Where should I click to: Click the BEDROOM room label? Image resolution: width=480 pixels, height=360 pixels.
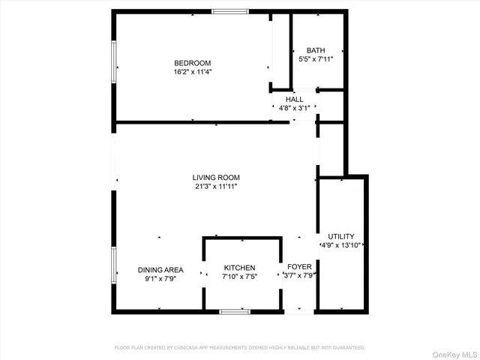coord(193,63)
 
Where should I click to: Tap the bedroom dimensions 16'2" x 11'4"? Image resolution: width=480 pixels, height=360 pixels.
coord(193,73)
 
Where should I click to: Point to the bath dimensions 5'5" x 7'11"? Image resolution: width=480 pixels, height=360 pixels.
coord(316,58)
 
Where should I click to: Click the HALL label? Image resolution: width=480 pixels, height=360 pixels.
coord(294,98)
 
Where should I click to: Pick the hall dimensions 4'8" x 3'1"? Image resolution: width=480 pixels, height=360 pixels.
coord(294,108)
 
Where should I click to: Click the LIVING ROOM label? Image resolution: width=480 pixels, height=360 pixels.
coord(216,178)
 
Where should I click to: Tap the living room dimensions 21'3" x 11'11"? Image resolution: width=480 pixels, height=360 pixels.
coord(216,187)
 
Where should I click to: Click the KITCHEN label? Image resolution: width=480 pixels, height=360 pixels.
coord(240,268)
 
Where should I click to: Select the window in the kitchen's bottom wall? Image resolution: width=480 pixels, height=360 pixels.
coord(234,311)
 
